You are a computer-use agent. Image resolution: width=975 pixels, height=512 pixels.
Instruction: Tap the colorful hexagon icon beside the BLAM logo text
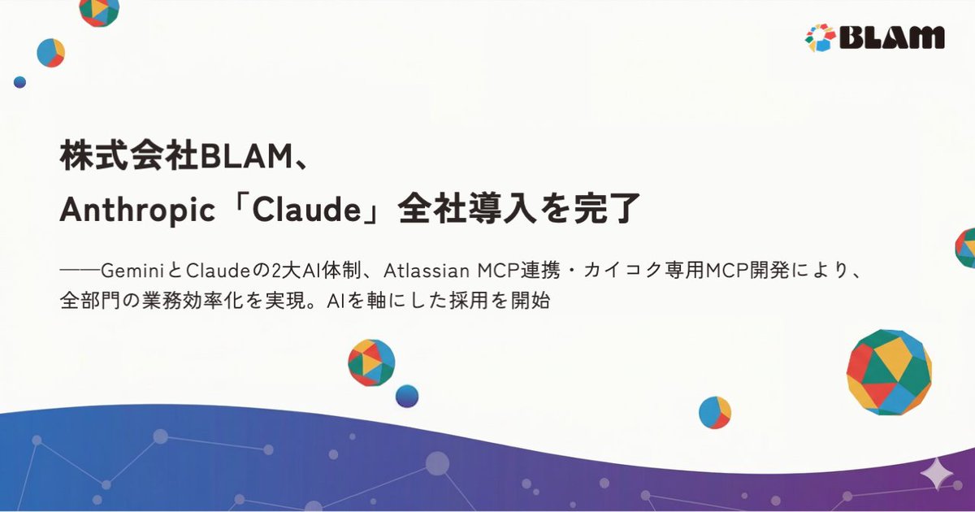click(x=820, y=37)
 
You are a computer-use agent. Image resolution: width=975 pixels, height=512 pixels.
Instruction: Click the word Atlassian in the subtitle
click(x=426, y=269)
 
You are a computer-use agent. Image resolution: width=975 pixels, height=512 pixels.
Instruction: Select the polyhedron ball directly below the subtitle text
click(x=371, y=362)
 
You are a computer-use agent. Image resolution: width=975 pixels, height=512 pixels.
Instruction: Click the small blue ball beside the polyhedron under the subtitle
click(x=407, y=396)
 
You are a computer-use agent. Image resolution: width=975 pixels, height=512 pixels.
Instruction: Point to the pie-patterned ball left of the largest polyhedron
click(x=715, y=413)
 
